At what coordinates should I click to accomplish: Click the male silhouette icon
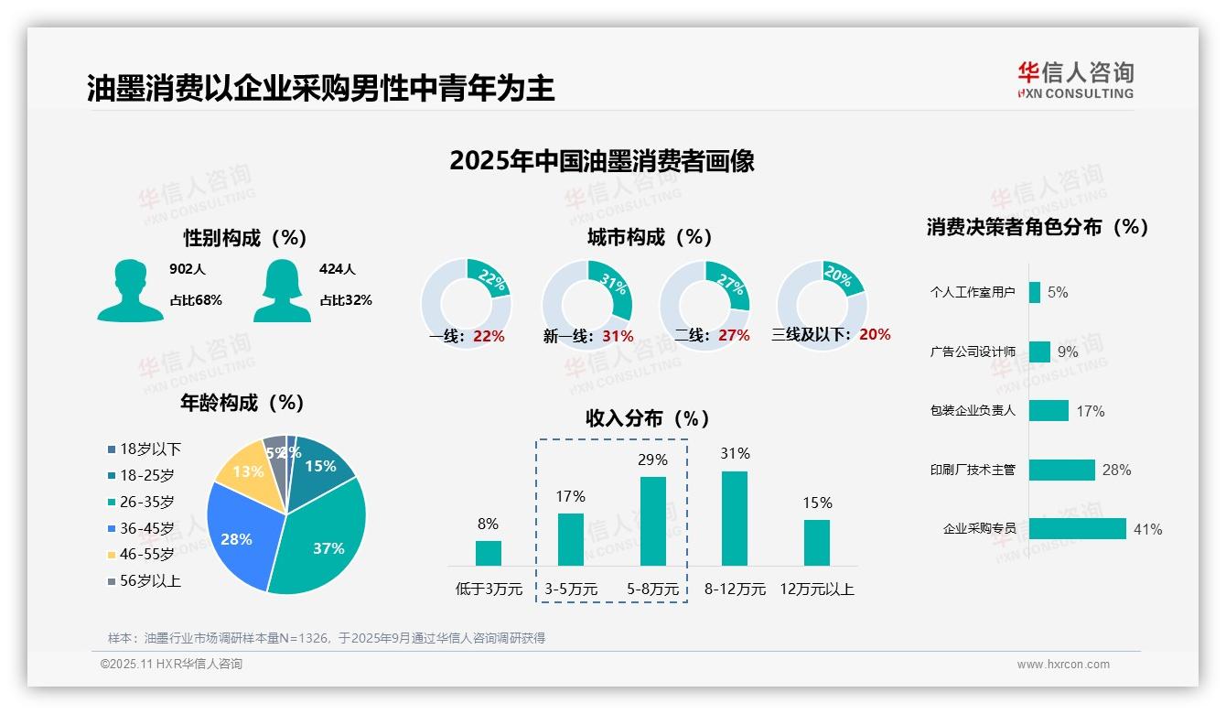(x=130, y=290)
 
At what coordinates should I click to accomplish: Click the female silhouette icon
(x=282, y=290)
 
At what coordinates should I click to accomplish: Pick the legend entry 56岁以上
(x=144, y=581)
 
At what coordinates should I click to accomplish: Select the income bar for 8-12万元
(x=735, y=518)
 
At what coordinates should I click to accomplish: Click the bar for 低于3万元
(x=489, y=553)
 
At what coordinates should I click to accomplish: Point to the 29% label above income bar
(x=652, y=460)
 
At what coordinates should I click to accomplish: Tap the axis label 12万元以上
(x=816, y=590)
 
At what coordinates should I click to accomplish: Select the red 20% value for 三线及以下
(x=875, y=335)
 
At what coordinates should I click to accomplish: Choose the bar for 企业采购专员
(x=1077, y=529)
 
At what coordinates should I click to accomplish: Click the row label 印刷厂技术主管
(x=973, y=470)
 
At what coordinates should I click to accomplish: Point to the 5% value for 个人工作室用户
(x=1058, y=293)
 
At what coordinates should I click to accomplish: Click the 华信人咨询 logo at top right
(x=1075, y=81)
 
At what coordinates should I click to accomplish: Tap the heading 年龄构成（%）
(x=242, y=403)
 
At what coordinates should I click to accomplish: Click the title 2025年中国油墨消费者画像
(x=602, y=161)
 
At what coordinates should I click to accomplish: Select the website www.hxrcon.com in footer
(x=1063, y=665)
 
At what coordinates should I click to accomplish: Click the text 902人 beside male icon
(x=188, y=269)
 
